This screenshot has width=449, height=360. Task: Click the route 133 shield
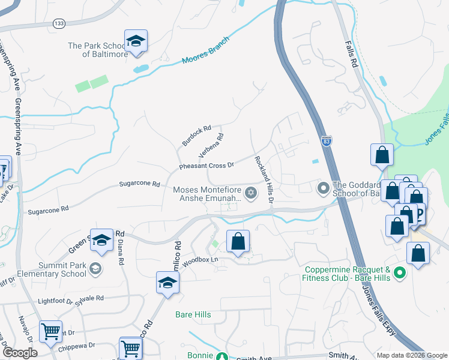59,23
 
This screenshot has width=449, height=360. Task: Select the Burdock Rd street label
197,136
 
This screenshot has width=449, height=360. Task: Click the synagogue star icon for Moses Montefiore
251,193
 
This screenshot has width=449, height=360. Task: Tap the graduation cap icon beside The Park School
136,41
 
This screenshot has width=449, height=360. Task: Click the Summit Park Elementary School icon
95,269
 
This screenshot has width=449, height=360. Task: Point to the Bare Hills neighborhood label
193,314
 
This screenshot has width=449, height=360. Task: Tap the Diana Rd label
122,248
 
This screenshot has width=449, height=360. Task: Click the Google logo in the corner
19,353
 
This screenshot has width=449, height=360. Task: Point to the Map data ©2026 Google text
411,355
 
